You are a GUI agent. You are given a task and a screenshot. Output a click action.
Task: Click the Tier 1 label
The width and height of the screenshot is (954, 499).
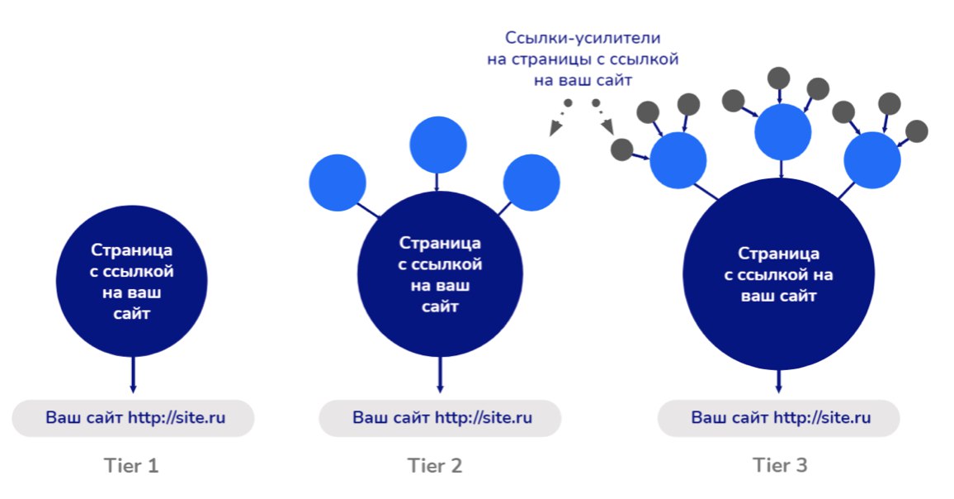131,466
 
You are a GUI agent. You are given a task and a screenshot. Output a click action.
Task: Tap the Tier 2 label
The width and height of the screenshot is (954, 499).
435,466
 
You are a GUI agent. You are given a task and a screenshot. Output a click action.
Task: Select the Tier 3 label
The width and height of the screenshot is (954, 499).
780,465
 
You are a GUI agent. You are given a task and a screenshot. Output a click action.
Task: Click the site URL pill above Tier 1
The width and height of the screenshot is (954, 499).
133,418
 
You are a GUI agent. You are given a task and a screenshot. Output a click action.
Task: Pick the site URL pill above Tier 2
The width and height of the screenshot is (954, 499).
440,418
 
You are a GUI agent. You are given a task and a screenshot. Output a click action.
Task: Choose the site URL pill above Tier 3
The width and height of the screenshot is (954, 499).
779,418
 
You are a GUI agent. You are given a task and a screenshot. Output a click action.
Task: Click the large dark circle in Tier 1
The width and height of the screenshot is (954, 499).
132,281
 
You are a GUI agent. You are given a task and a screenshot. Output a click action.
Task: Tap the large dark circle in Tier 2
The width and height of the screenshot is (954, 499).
440,274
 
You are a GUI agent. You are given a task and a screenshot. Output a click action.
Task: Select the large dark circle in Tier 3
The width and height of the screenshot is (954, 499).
779,274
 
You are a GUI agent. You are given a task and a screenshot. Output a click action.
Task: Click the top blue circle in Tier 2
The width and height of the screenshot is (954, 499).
438,145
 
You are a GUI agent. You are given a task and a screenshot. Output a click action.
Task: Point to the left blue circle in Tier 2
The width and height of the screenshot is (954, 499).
338,183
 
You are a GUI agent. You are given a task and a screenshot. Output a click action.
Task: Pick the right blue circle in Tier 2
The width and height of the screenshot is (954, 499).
531,183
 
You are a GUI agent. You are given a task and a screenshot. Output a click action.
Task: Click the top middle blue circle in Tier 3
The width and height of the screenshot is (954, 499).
783,132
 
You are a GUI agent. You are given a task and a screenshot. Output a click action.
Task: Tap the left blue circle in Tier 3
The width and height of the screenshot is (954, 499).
678,160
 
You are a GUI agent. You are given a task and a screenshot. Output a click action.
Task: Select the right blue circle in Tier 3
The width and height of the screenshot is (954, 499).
872,160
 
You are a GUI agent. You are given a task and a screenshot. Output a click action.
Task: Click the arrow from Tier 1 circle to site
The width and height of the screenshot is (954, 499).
133,375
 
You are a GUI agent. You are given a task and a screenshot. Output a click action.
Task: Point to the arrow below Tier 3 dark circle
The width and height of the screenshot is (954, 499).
779,382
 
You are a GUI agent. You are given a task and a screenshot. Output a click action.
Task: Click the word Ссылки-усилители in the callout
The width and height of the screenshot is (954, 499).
583,38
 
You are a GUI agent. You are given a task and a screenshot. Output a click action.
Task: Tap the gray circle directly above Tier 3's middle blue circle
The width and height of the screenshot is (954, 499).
779,78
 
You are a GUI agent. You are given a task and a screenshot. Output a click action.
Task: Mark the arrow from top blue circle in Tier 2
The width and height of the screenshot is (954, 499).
437,183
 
